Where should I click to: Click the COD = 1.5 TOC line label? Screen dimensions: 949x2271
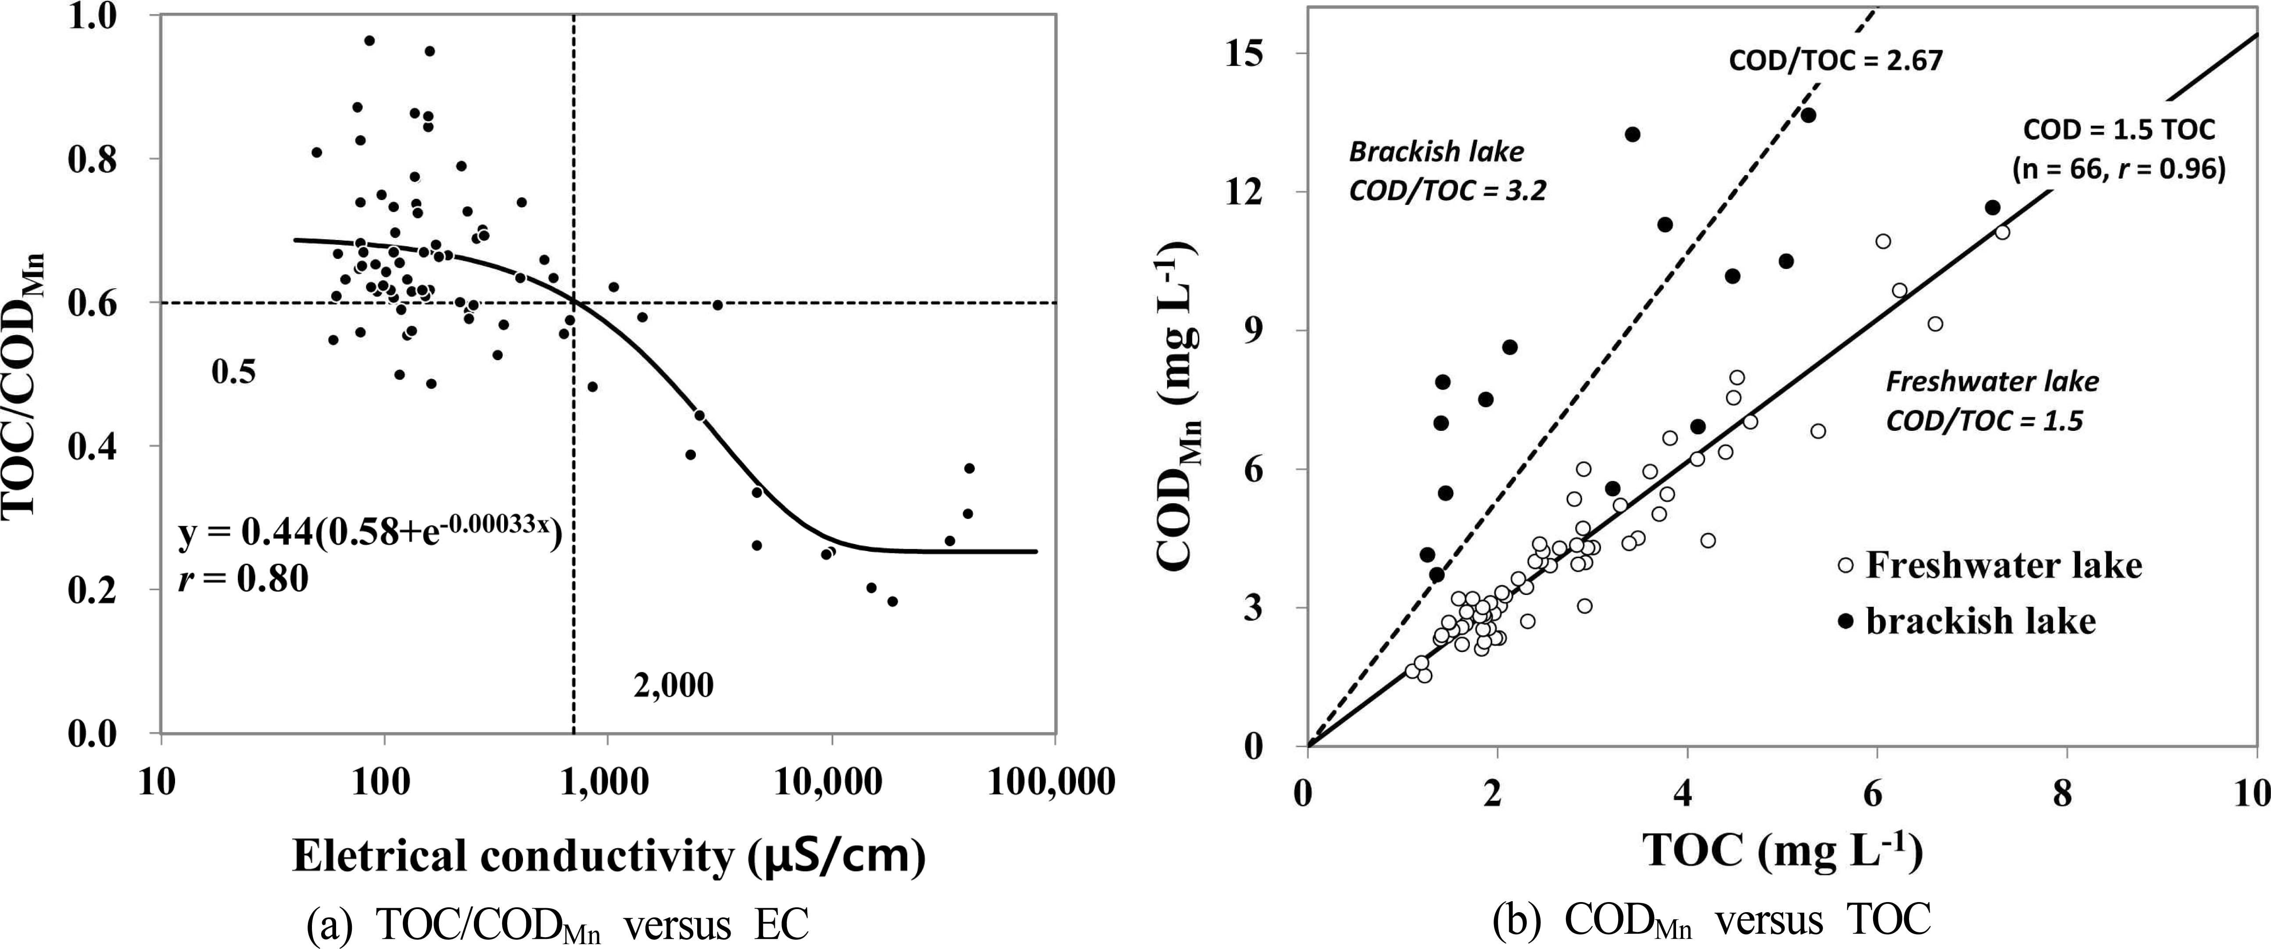(2118, 130)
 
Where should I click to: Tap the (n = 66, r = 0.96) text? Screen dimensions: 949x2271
(2118, 168)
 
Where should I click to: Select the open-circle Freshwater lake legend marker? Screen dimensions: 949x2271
(1845, 566)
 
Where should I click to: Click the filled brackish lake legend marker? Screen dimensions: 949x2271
(1845, 621)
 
